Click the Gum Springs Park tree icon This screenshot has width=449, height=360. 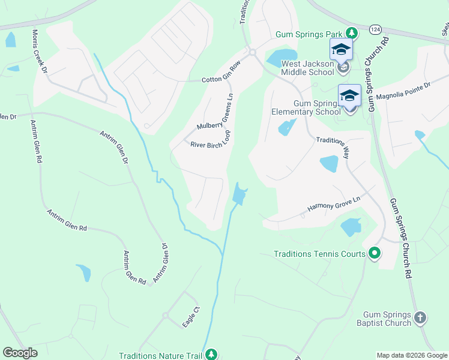[353, 34]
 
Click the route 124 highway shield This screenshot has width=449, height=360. [375, 29]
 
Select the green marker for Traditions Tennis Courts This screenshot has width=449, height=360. [375, 254]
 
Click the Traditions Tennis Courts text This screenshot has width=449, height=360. [319, 254]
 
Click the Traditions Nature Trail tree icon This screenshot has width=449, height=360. [211, 355]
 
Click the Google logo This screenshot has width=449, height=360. [20, 352]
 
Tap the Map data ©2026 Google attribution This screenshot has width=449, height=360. [412, 355]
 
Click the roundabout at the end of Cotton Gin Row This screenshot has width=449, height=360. [252, 52]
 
